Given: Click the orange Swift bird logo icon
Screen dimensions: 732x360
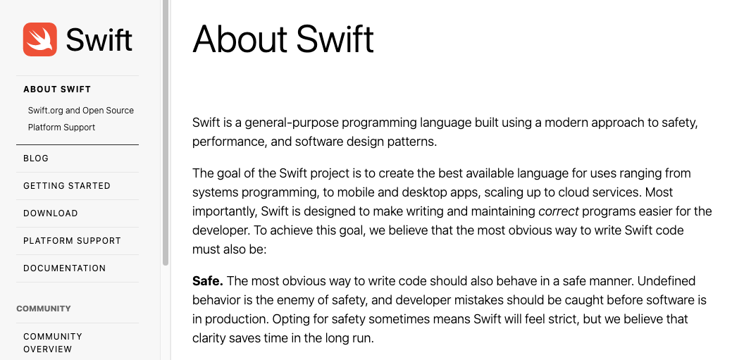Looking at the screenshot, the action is (x=39, y=39).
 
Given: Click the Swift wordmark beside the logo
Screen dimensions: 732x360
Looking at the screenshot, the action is (x=99, y=39).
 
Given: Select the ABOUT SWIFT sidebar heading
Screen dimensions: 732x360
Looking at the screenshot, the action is (x=57, y=89).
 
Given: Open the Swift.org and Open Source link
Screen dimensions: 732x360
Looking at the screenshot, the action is (x=81, y=111).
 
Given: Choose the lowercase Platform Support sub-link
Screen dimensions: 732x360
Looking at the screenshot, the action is (x=61, y=128).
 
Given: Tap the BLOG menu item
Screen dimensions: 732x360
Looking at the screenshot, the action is (x=36, y=159).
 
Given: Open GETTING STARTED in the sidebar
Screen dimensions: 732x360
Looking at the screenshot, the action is (x=67, y=186).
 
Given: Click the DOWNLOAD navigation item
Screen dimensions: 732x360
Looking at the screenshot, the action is (x=51, y=213).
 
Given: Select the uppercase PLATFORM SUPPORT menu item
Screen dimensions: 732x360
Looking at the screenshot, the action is (x=72, y=241).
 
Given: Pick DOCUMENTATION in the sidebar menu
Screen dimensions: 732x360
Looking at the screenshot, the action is (x=64, y=268).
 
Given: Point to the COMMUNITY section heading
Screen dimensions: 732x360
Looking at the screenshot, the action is (x=44, y=309).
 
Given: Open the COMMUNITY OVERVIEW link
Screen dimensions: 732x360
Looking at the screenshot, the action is (x=53, y=342).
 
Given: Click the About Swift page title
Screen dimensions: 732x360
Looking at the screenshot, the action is (x=283, y=39).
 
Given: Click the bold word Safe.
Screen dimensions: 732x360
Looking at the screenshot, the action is (x=208, y=281).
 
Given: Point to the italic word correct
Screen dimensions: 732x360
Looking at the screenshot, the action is (x=559, y=211).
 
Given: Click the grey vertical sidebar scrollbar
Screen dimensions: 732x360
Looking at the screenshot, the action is (x=166, y=133).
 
